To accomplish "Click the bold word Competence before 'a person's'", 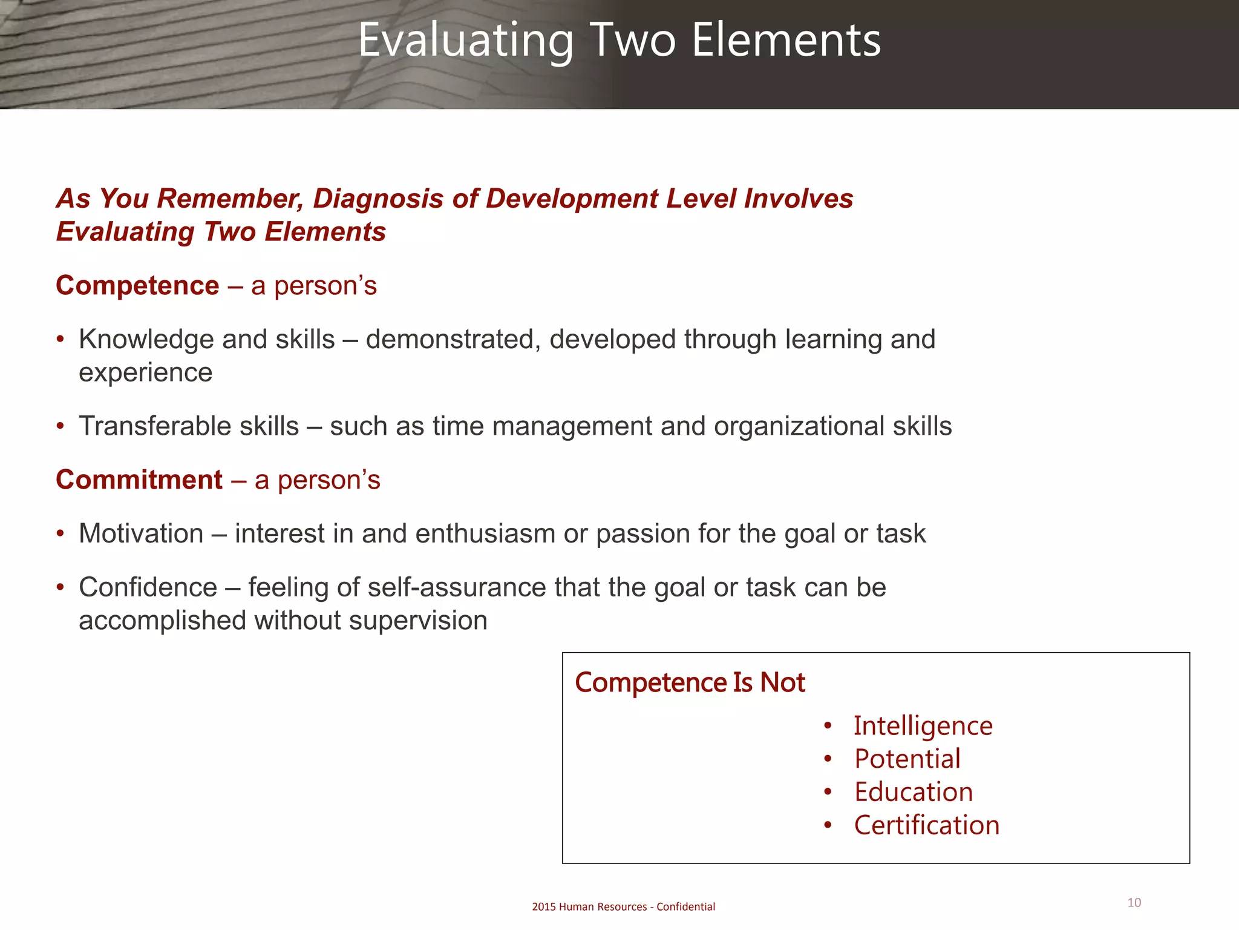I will click(137, 286).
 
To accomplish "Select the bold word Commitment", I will click(139, 480).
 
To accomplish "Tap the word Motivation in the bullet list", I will click(141, 534).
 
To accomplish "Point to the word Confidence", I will click(148, 587).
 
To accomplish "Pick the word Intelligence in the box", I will click(923, 727).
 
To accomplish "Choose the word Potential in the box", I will click(907, 759).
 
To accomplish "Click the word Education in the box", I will click(914, 793).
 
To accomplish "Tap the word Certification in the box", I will click(926, 826).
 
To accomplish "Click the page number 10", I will click(1134, 903).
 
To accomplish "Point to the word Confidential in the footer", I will click(685, 907).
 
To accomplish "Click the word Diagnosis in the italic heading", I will click(378, 199).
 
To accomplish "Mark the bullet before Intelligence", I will click(828, 727).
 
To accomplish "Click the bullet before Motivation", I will click(60, 534).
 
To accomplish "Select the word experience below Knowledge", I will click(145, 373).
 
